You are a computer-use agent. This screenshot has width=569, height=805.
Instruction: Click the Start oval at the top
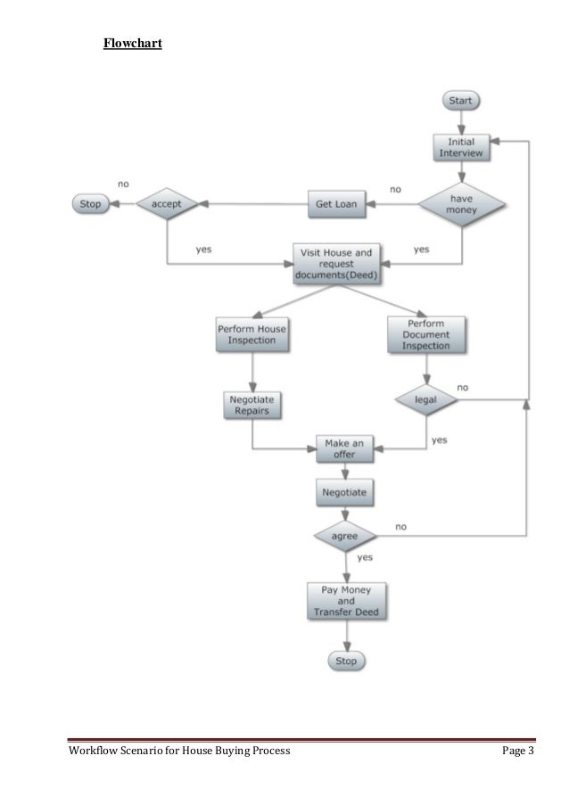tap(460, 101)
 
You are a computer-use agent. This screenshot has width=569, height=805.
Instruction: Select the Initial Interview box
tap(460, 147)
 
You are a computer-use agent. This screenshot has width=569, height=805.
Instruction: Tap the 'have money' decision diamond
tap(462, 204)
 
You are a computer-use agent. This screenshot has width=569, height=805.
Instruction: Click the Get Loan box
tap(336, 204)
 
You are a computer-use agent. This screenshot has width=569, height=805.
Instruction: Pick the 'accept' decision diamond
tap(167, 204)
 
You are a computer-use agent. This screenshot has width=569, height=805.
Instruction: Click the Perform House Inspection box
tap(252, 334)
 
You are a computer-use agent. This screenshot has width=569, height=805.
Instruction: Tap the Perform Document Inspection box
tap(425, 334)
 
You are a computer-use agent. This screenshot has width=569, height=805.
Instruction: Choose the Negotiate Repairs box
tap(252, 406)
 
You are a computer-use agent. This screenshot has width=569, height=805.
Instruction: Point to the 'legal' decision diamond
tap(425, 401)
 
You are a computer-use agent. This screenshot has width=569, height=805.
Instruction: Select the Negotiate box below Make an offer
tap(344, 491)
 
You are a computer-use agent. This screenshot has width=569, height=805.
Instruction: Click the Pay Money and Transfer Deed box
tap(344, 601)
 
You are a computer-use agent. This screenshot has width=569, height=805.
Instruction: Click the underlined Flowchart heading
tap(132, 42)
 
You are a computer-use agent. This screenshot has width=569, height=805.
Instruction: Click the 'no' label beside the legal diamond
tap(463, 388)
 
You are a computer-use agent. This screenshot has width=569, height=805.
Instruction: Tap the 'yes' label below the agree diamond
tap(365, 557)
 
